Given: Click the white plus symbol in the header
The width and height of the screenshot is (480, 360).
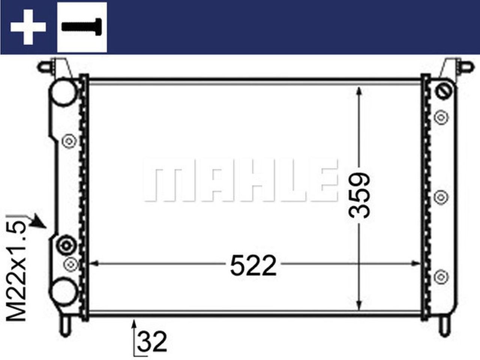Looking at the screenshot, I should (28, 27).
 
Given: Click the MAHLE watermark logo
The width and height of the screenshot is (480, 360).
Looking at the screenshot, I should (240, 180).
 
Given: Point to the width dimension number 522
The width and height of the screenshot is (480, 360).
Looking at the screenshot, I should (253, 265).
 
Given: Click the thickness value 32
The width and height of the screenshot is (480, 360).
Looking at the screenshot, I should (152, 342).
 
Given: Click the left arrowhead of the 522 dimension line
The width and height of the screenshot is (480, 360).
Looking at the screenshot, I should (94, 263).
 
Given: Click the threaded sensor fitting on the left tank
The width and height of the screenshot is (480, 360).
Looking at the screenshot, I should (66, 246).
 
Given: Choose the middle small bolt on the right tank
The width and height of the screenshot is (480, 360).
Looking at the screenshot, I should (441, 196).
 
